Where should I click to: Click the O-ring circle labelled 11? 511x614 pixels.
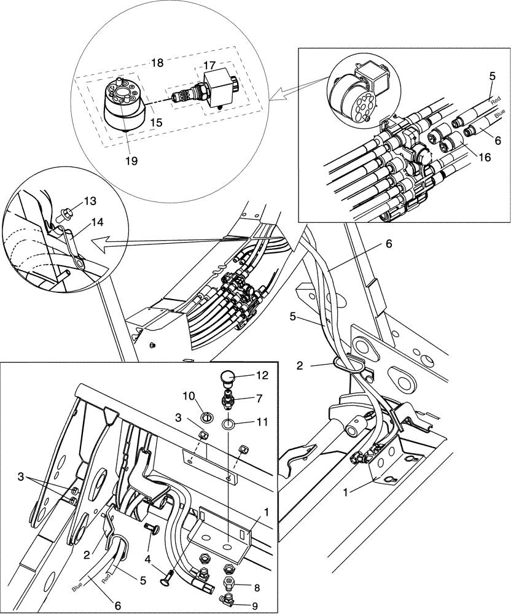point(228,424)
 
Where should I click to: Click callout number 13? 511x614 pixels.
point(90,201)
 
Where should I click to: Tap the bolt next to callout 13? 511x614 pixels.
point(66,216)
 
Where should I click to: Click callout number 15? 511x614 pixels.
point(156,122)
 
